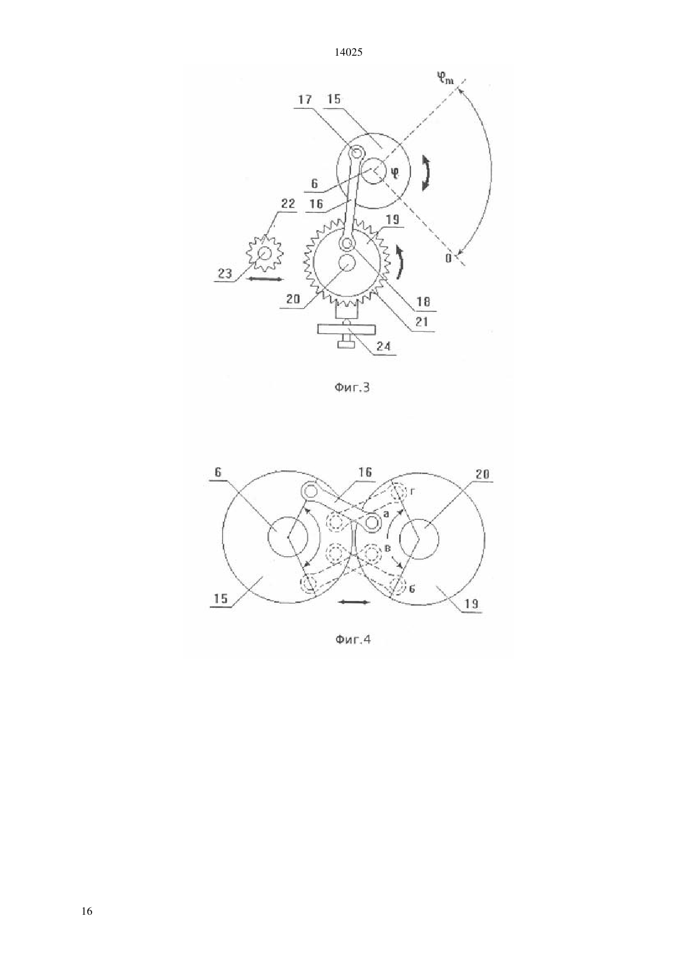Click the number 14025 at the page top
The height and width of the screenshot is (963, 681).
tap(348, 53)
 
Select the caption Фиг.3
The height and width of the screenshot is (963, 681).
tap(352, 388)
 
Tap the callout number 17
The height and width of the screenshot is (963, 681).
tap(305, 100)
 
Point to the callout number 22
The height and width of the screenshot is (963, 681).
tap(288, 204)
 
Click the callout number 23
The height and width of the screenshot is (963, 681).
tap(224, 274)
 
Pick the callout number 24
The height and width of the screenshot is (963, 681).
tap(383, 346)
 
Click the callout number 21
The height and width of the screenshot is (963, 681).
tap(422, 322)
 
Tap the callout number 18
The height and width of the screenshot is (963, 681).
tap(423, 302)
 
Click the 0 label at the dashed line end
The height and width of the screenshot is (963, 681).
tap(448, 259)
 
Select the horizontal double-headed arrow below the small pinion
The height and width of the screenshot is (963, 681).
tap(266, 280)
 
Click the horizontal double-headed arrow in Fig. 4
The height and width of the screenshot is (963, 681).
tap(354, 602)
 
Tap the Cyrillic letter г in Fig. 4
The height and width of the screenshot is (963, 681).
tap(412, 492)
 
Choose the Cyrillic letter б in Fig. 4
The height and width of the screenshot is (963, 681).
tap(412, 588)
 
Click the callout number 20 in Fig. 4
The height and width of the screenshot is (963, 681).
tap(482, 473)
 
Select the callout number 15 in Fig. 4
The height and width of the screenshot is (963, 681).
tap(220, 598)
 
